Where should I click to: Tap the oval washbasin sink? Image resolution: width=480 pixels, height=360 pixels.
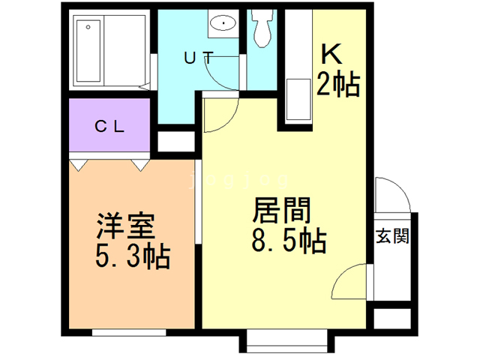(x=223, y=23)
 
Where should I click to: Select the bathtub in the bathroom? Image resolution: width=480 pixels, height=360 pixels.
(x=88, y=51)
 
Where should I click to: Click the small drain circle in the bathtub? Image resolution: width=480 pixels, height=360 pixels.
(x=88, y=27)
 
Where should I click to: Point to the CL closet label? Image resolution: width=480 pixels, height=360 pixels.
(x=109, y=126)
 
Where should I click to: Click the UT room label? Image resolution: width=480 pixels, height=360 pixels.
(x=199, y=58)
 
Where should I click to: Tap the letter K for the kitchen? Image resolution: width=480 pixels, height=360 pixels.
(x=331, y=54)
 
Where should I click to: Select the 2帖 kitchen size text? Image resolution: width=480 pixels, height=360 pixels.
(x=337, y=84)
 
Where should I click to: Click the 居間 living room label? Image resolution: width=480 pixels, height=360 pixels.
(x=281, y=210)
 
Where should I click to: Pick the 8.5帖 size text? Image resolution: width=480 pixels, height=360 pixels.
(x=289, y=241)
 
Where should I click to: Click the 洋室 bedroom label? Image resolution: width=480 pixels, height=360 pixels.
(x=126, y=226)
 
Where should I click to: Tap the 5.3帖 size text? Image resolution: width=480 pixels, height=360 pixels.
(x=133, y=256)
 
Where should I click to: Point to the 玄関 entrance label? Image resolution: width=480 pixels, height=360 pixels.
(x=392, y=236)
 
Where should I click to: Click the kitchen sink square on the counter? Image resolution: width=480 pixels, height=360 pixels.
(x=298, y=99)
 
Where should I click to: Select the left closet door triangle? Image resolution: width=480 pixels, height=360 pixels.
(x=79, y=165)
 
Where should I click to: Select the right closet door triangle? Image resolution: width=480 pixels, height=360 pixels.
(x=141, y=165)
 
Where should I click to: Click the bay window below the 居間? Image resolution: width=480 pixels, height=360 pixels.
(x=286, y=341)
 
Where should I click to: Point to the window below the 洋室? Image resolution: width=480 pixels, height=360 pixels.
(x=129, y=332)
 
